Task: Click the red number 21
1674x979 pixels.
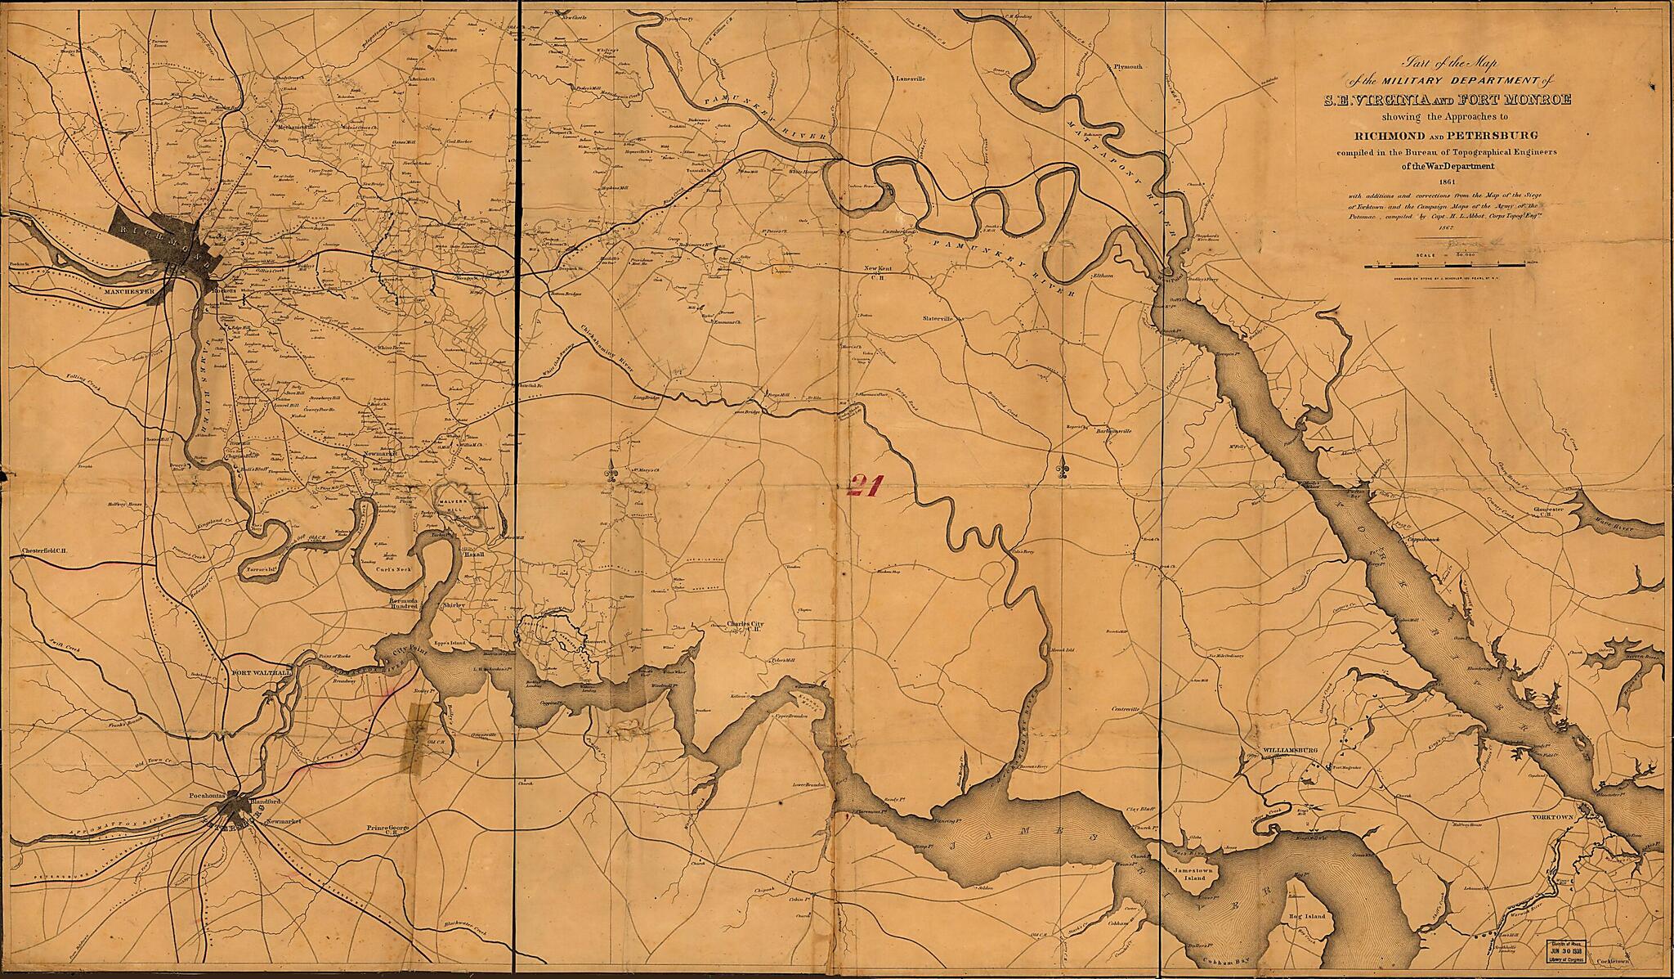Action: tap(862, 487)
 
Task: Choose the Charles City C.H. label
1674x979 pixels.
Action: tap(743, 626)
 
